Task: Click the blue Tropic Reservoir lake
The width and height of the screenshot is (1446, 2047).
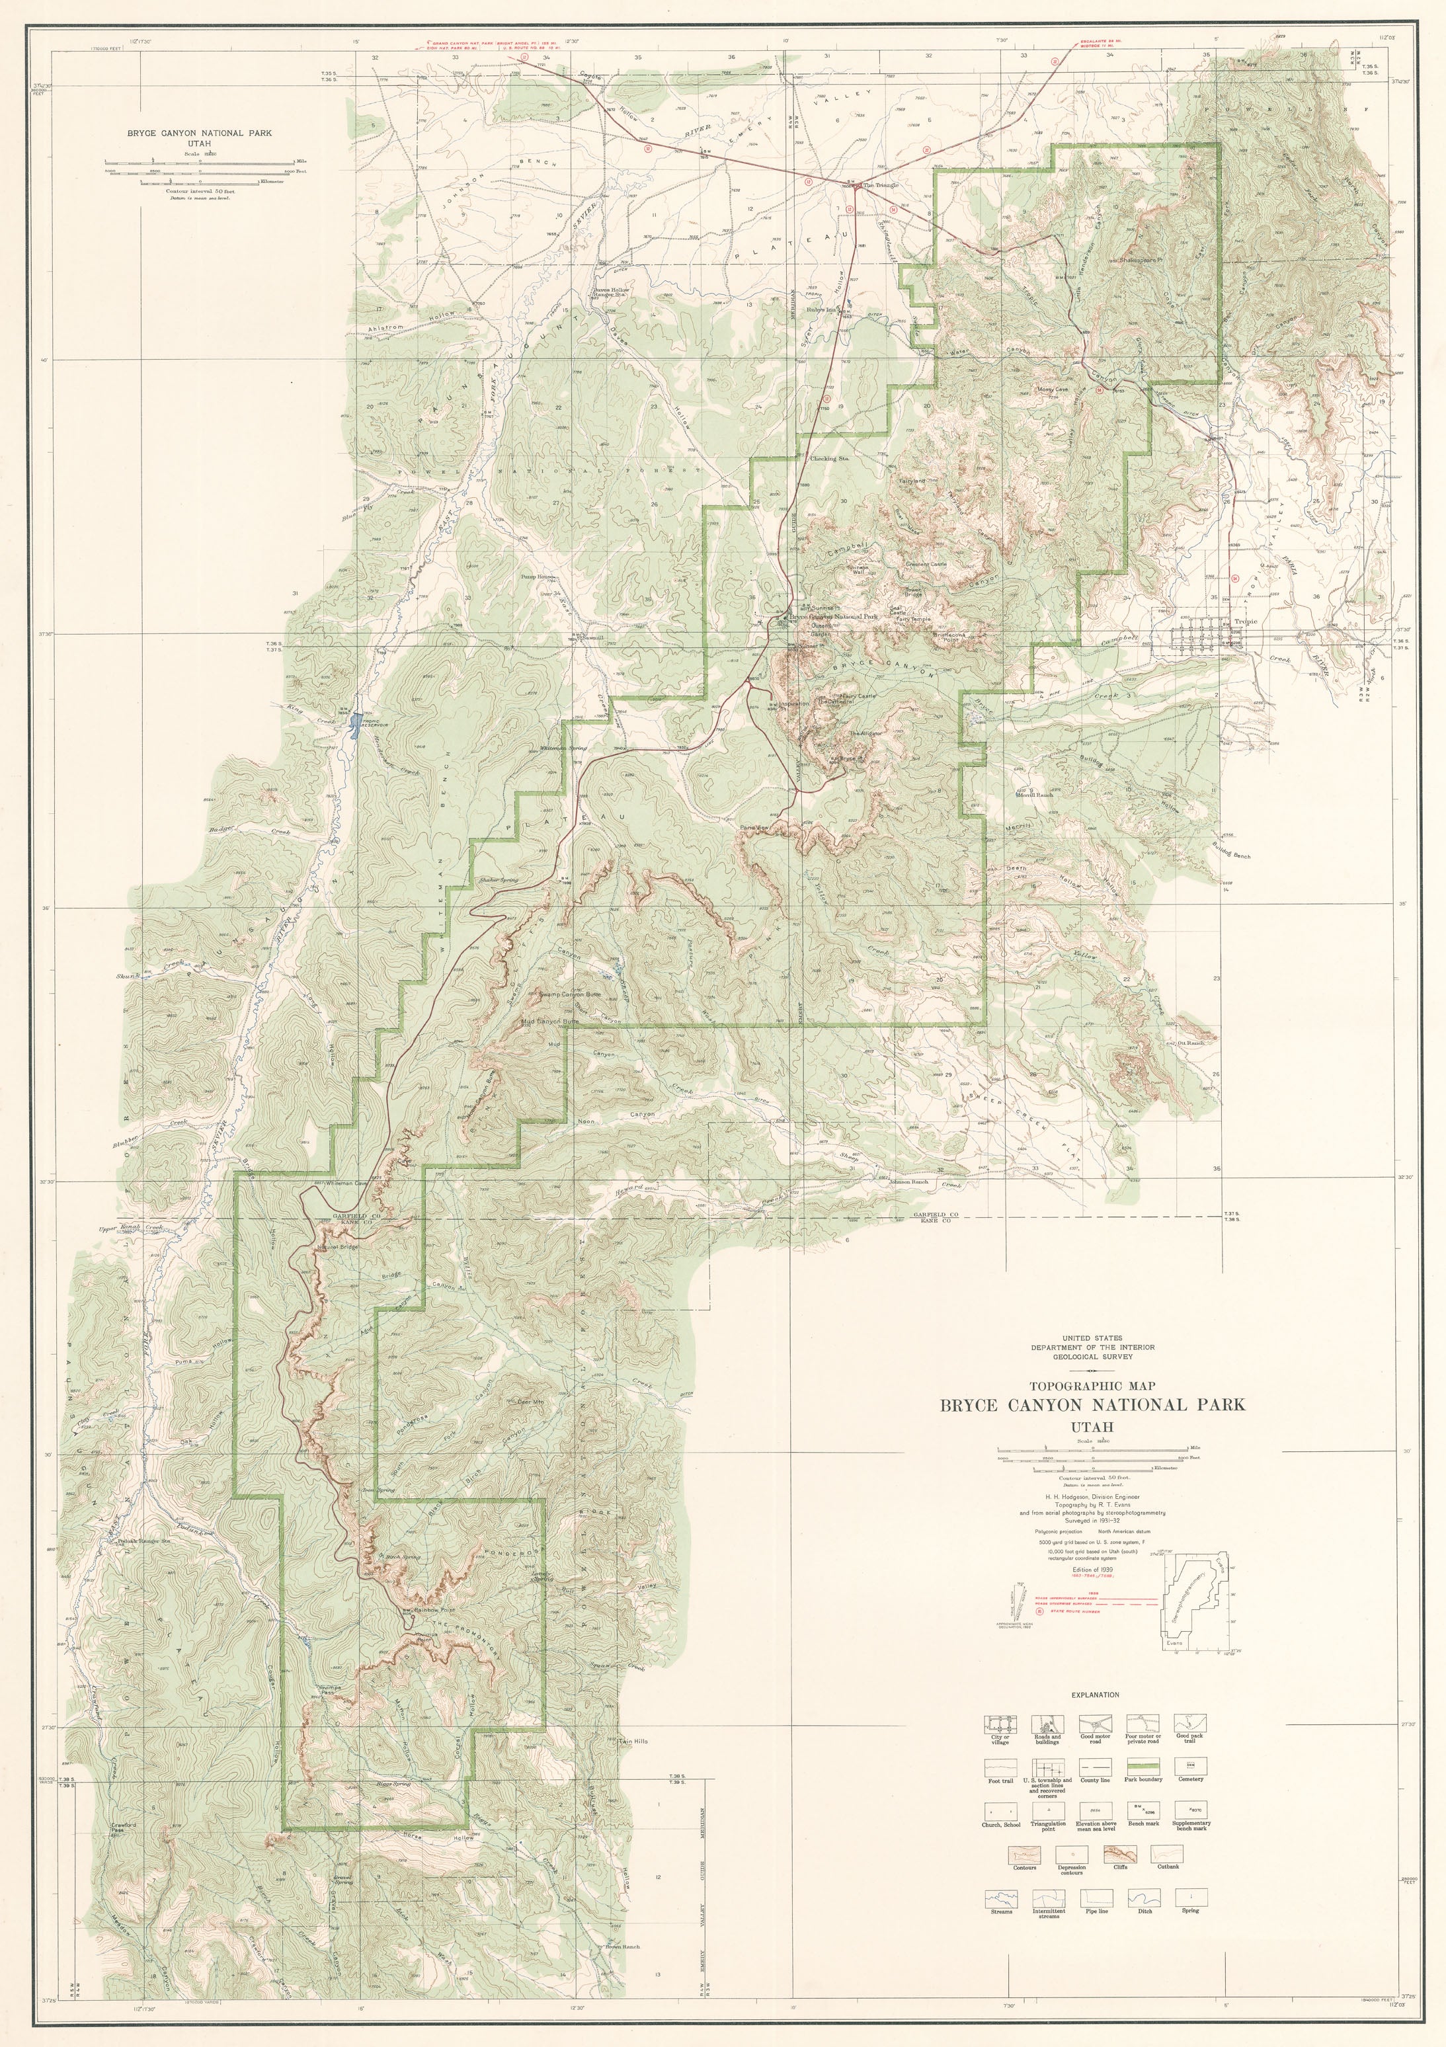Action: pos(356,723)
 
